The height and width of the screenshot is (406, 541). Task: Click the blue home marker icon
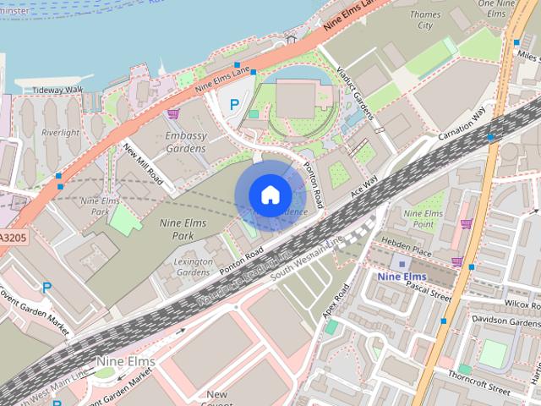[270, 195]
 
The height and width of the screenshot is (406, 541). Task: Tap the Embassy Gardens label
[186, 141]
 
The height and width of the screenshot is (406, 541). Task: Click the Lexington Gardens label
[193, 267]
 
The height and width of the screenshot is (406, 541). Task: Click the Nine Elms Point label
[424, 218]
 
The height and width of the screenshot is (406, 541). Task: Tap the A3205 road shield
[12, 239]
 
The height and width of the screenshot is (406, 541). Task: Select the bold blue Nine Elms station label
[402, 276]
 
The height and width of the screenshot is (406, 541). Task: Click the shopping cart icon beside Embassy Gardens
[173, 114]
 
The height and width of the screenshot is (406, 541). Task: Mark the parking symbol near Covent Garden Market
[46, 288]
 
